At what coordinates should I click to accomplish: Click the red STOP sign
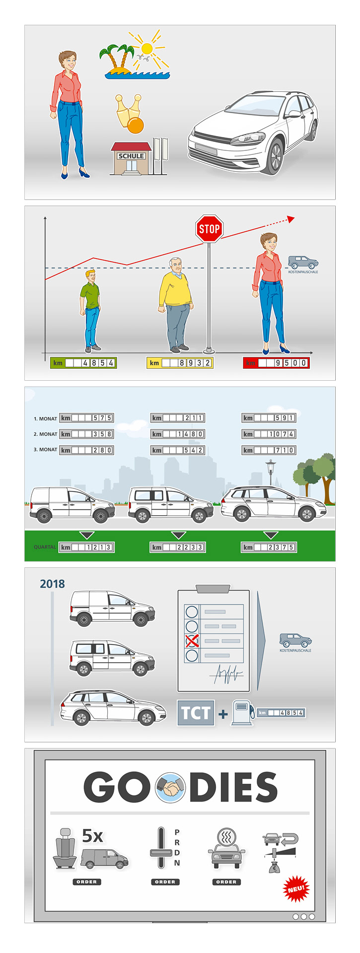pyautogui.click(x=209, y=229)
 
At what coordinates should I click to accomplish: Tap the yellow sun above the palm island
pyautogui.click(x=146, y=49)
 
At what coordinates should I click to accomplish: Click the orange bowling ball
pyautogui.click(x=135, y=126)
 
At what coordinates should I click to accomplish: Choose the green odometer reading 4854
pyautogui.click(x=84, y=363)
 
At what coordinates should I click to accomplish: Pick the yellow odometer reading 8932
pyautogui.click(x=180, y=363)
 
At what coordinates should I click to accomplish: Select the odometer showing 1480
pyautogui.click(x=178, y=434)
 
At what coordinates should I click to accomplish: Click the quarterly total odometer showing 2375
pyautogui.click(x=269, y=547)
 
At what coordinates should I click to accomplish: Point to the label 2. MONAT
pyautogui.click(x=45, y=434)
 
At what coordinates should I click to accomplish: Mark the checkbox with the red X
pyautogui.click(x=192, y=641)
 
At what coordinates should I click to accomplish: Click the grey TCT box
pyautogui.click(x=196, y=713)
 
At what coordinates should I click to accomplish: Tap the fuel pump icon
pyautogui.click(x=243, y=713)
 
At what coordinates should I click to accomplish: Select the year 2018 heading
pyautogui.click(x=52, y=584)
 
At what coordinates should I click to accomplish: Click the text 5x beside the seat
pyautogui.click(x=92, y=836)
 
